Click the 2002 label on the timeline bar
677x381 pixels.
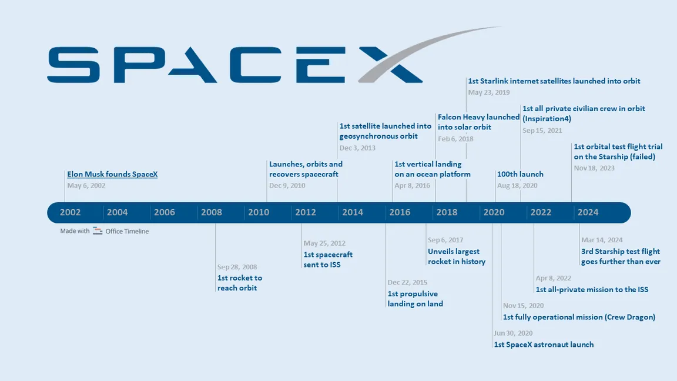[71, 212]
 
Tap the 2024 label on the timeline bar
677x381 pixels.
[588, 212]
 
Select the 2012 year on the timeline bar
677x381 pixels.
[306, 212]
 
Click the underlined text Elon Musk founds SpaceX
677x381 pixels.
[112, 175]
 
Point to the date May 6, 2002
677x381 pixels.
[86, 186]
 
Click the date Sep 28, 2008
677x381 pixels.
[237, 267]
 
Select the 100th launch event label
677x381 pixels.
[520, 175]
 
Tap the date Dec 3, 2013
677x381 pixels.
[357, 148]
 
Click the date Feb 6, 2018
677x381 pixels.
[455, 139]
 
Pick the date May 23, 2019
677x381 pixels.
[489, 93]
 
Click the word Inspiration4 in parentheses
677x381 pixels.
[547, 119]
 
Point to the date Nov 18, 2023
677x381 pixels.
[594, 168]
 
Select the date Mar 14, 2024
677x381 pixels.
[602, 240]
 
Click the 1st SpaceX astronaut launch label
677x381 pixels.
[544, 345]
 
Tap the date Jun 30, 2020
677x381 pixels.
[513, 333]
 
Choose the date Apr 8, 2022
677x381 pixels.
[553, 278]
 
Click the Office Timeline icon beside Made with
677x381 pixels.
[98, 231]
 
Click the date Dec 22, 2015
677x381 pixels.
[407, 283]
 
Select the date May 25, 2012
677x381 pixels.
[324, 243]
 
